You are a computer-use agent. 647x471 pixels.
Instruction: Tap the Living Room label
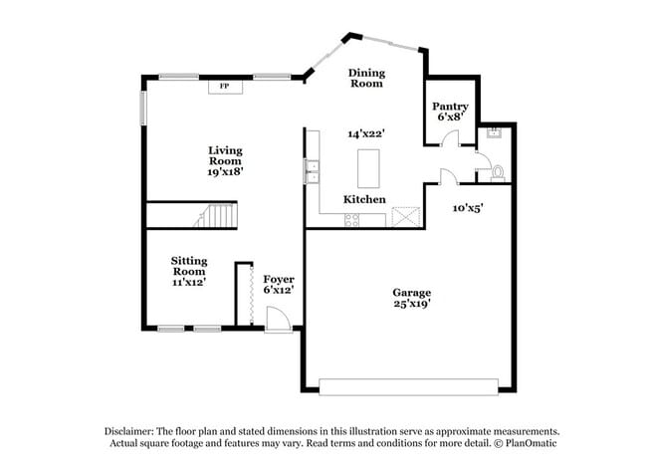[x=225, y=155]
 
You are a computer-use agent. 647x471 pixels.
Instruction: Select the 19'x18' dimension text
[x=225, y=171]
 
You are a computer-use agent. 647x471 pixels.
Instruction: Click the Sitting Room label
[x=188, y=264]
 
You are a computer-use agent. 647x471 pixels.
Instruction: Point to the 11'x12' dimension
[x=188, y=282]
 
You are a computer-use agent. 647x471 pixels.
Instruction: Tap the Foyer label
[x=278, y=279]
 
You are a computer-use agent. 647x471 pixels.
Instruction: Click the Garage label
[x=411, y=293]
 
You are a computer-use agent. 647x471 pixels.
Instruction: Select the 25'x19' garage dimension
[x=411, y=305]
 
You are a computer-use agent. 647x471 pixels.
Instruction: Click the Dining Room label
[x=365, y=78]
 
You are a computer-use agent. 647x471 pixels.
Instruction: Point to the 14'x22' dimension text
[x=365, y=132]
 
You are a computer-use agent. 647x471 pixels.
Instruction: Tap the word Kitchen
[x=364, y=199]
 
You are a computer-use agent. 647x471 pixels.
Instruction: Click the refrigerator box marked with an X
[x=405, y=218]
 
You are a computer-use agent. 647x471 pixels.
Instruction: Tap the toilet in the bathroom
[x=498, y=173]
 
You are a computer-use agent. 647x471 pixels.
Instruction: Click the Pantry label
[x=451, y=106]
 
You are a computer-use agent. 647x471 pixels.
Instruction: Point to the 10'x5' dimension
[x=468, y=208]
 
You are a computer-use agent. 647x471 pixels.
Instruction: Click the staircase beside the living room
[x=219, y=216]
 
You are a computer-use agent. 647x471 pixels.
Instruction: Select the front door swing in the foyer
[x=280, y=317]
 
